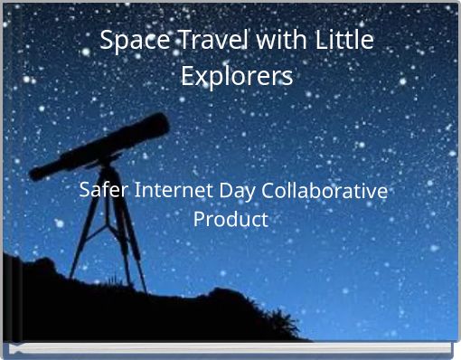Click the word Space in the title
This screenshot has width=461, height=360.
click(x=128, y=42)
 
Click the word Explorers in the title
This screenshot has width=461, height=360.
click(x=237, y=76)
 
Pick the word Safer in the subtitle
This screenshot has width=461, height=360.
click(x=102, y=192)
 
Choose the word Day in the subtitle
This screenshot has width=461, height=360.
click(x=237, y=192)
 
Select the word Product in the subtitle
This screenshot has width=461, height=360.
click(x=231, y=220)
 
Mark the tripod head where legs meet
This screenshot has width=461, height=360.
click(x=107, y=168)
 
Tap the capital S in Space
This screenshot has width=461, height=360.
click(x=106, y=42)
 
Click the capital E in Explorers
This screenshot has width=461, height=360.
click(x=188, y=76)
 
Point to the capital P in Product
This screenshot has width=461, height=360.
click(x=200, y=220)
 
